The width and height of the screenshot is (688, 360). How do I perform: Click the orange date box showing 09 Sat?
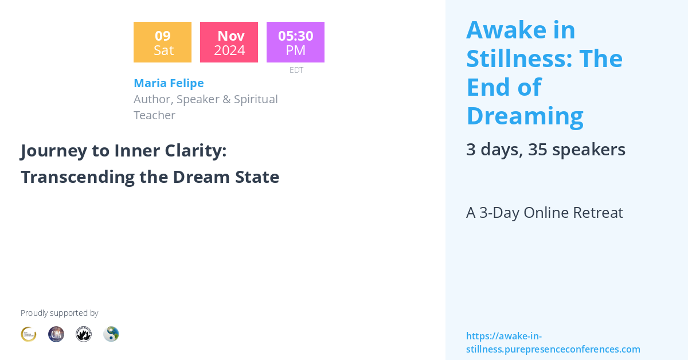coord(162,42)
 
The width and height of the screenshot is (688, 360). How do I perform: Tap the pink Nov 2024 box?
coord(229,42)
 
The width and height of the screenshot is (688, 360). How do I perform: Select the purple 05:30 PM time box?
coord(295,42)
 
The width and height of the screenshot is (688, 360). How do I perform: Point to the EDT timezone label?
coord(296,70)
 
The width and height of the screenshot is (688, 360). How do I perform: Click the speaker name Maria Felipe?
coord(169,83)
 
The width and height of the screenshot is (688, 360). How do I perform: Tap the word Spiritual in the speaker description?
coord(256,99)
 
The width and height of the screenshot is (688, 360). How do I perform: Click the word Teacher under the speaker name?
coord(154,115)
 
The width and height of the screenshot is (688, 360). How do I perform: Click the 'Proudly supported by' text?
coord(59,313)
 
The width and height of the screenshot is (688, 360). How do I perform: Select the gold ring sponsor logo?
coord(29,334)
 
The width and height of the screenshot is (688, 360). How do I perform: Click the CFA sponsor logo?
coord(56,334)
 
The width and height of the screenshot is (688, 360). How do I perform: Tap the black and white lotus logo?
coord(84,334)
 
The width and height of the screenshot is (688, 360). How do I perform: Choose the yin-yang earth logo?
coord(111,334)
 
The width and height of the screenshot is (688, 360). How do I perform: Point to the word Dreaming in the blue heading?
coord(525,116)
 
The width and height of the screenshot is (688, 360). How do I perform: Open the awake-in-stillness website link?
coord(553,343)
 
